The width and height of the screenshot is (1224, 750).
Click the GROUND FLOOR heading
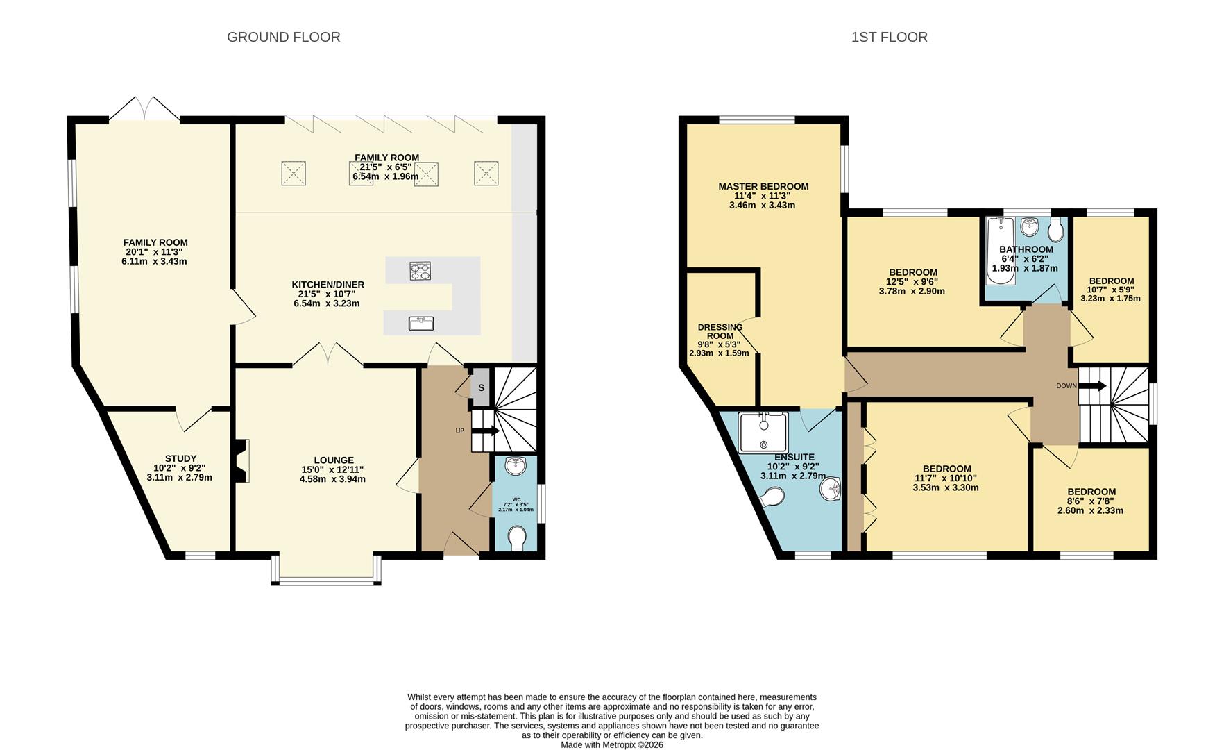tap(283, 37)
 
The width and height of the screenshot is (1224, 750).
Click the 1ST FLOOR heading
tap(889, 37)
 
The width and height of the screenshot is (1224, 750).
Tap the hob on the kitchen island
tap(420, 269)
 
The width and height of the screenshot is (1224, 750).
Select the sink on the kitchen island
tap(421, 323)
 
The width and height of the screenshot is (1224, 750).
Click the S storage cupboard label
tap(480, 388)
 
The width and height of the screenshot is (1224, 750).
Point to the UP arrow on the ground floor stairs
tap(486, 431)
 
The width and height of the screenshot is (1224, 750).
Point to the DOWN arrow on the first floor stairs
tap(1093, 386)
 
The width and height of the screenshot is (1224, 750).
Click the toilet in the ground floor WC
tap(518, 538)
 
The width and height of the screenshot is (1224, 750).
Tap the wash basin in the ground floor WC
tap(516, 466)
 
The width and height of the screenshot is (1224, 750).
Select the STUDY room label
tap(180, 458)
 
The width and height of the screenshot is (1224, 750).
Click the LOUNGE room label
tap(333, 460)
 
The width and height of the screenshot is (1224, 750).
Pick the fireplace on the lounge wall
tap(241, 460)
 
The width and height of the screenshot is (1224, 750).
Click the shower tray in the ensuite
tap(763, 431)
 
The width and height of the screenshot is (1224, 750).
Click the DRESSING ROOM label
tap(720, 331)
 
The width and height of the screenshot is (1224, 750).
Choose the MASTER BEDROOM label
tap(763, 186)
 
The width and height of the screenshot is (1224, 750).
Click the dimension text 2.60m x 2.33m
tap(1090, 510)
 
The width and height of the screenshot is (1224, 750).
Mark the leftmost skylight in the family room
tap(294, 173)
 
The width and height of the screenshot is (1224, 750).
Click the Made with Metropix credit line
tap(612, 744)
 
